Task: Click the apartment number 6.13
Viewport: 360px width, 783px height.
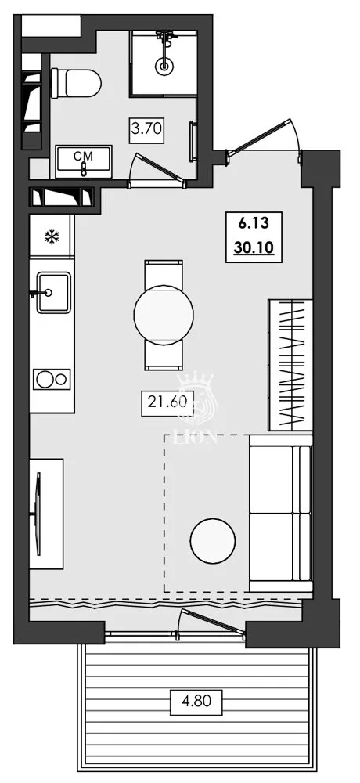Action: tap(250, 223)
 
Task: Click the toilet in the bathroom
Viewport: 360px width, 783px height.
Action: tap(76, 82)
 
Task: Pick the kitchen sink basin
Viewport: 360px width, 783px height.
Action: tap(52, 292)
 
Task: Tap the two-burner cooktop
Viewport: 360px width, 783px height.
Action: tap(52, 380)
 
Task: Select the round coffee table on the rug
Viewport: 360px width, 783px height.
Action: tap(212, 541)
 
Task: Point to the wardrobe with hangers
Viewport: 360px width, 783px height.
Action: tap(290, 364)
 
